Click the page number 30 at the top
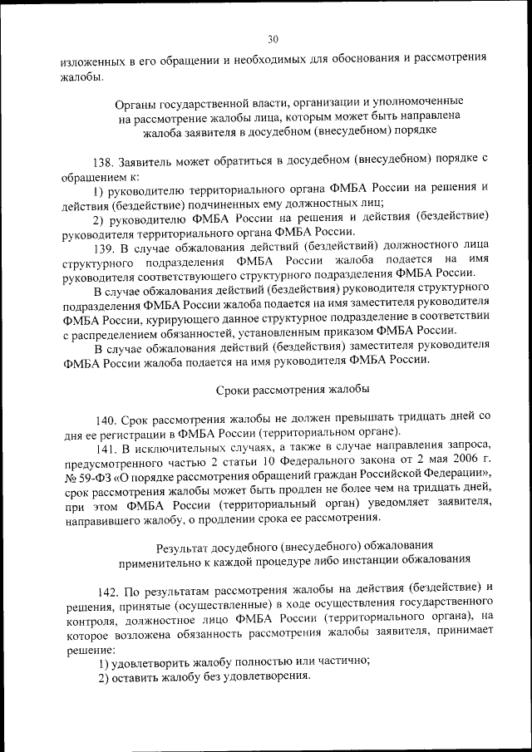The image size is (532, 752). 273,38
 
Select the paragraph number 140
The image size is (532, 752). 108,415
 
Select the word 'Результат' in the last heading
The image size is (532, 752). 185,545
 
